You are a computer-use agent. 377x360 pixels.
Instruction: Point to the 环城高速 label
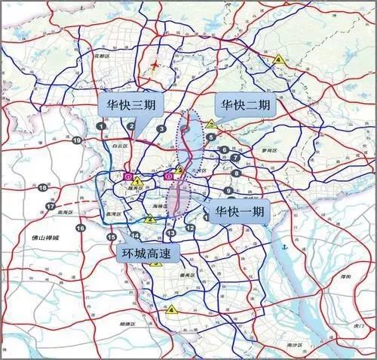click(x=148, y=253)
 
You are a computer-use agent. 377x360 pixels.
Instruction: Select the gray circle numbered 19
click(x=77, y=140)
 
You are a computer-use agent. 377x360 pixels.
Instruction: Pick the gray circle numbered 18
click(x=44, y=188)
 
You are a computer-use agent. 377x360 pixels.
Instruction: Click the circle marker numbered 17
click(x=51, y=206)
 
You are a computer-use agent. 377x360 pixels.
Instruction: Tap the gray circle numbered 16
click(x=80, y=227)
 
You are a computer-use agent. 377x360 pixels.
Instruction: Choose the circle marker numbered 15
click(x=111, y=238)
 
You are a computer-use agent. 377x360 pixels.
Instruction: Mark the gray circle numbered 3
click(x=161, y=129)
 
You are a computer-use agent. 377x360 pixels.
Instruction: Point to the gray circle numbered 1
click(x=100, y=125)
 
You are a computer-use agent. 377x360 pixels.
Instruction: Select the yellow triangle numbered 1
click(x=137, y=182)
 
